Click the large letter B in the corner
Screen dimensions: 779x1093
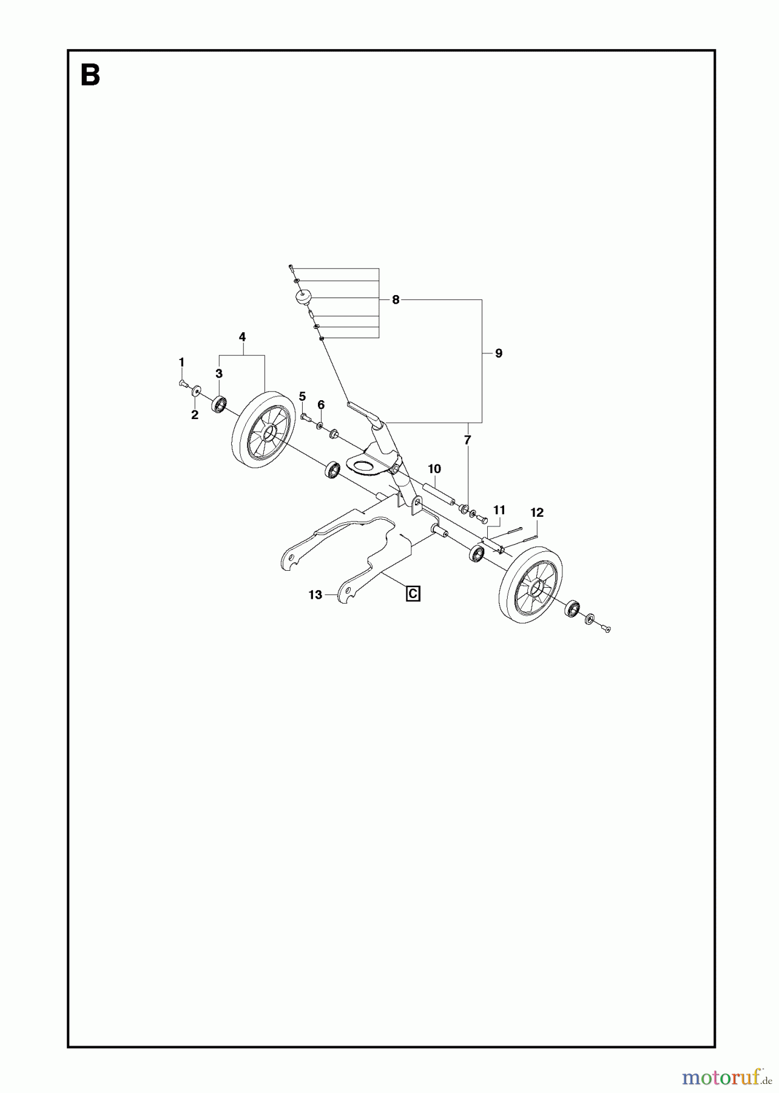(90, 77)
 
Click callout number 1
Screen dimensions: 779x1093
(181, 362)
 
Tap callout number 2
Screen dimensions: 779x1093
(195, 415)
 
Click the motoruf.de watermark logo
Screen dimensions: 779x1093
(724, 1078)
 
